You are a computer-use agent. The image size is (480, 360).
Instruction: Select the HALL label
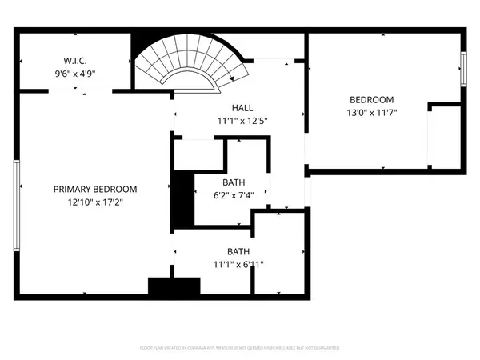(243, 108)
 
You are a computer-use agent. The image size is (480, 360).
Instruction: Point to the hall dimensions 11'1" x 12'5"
(243, 122)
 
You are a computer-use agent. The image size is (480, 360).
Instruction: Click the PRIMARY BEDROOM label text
(95, 190)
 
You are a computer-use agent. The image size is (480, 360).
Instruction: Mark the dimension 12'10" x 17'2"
(95, 202)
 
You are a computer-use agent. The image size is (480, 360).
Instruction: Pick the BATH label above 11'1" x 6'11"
(238, 251)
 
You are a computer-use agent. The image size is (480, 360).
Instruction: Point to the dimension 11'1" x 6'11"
(238, 264)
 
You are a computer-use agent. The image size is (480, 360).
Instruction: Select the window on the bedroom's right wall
(462, 69)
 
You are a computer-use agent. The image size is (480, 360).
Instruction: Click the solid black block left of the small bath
(183, 200)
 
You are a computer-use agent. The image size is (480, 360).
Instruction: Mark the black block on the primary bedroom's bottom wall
(173, 287)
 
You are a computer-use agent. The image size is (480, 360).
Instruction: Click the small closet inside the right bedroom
(445, 136)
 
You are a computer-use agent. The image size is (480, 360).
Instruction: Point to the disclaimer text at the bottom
(239, 349)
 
